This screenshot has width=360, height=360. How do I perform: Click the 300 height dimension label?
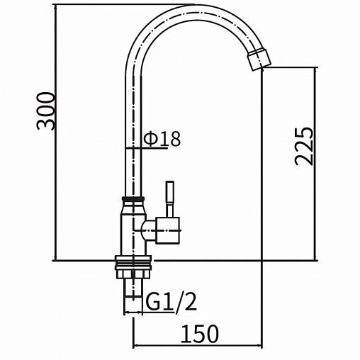(x=46, y=111)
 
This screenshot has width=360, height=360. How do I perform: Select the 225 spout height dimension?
(x=304, y=146)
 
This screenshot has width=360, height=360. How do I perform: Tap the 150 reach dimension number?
(x=200, y=334)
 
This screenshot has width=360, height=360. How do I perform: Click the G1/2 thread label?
(x=171, y=301)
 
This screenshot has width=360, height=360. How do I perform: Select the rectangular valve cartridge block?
(x=167, y=230)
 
